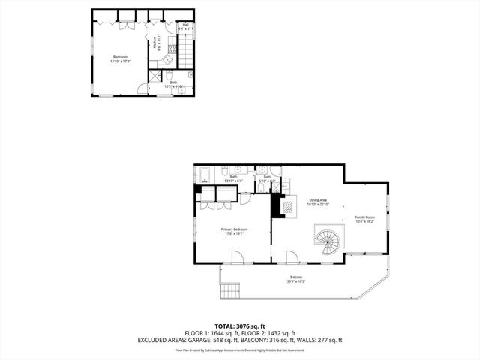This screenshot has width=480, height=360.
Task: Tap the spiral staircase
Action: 327,242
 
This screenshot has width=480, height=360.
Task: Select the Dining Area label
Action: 319,202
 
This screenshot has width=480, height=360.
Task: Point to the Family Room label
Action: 365,220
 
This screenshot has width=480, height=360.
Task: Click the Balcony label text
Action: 296,279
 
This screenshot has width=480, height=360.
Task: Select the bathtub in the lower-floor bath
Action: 205,177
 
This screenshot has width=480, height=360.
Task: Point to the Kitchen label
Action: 155,43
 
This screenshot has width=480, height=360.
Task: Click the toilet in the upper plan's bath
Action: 190,75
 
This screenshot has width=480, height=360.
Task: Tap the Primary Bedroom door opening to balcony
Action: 237,257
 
